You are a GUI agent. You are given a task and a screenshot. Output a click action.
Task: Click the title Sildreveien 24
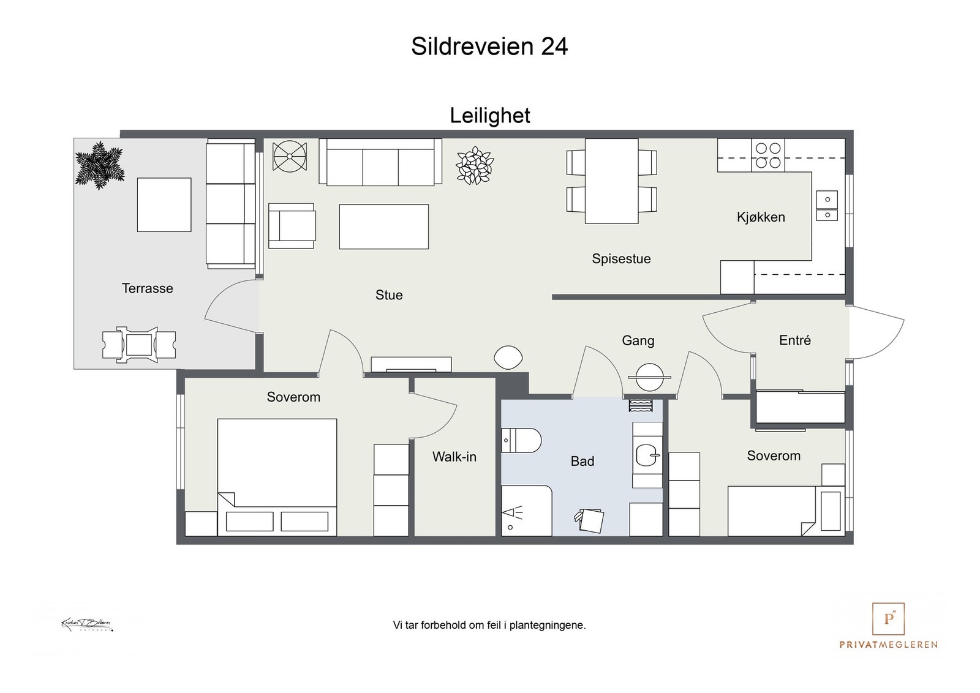tap(489, 47)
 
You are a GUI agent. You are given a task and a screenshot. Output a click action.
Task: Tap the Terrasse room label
tap(147, 288)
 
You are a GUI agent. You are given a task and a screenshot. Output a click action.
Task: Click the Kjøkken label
tap(761, 217)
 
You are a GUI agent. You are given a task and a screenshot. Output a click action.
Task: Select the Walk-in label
tap(454, 457)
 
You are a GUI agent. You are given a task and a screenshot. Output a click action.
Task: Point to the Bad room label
tap(582, 461)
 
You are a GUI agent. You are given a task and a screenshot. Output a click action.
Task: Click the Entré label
tap(794, 340)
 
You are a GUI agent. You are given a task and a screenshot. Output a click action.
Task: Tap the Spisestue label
tap(621, 259)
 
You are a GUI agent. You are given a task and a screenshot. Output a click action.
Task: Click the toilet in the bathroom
tap(521, 440)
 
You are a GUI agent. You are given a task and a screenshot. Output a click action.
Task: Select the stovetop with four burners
tap(767, 155)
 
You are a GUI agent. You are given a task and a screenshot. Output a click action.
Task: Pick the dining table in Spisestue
tap(611, 181)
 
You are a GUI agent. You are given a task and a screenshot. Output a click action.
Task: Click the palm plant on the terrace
tap(99, 165)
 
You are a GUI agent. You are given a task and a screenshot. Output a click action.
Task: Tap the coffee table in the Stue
tap(383, 227)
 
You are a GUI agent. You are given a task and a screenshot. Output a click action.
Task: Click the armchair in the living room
tap(292, 225)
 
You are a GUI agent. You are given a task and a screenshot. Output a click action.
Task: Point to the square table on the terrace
tap(164, 204)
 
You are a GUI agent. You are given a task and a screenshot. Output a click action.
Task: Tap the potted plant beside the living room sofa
tap(475, 165)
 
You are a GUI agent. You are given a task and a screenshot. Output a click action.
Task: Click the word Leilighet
tap(489, 116)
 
